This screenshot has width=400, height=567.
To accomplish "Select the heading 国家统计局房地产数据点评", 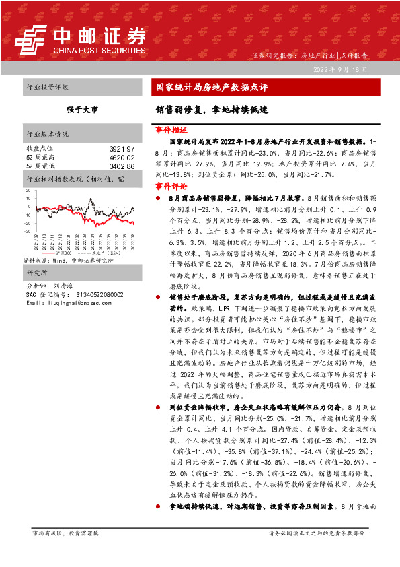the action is point(212,87).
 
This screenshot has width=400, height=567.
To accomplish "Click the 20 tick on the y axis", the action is point(28,191).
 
